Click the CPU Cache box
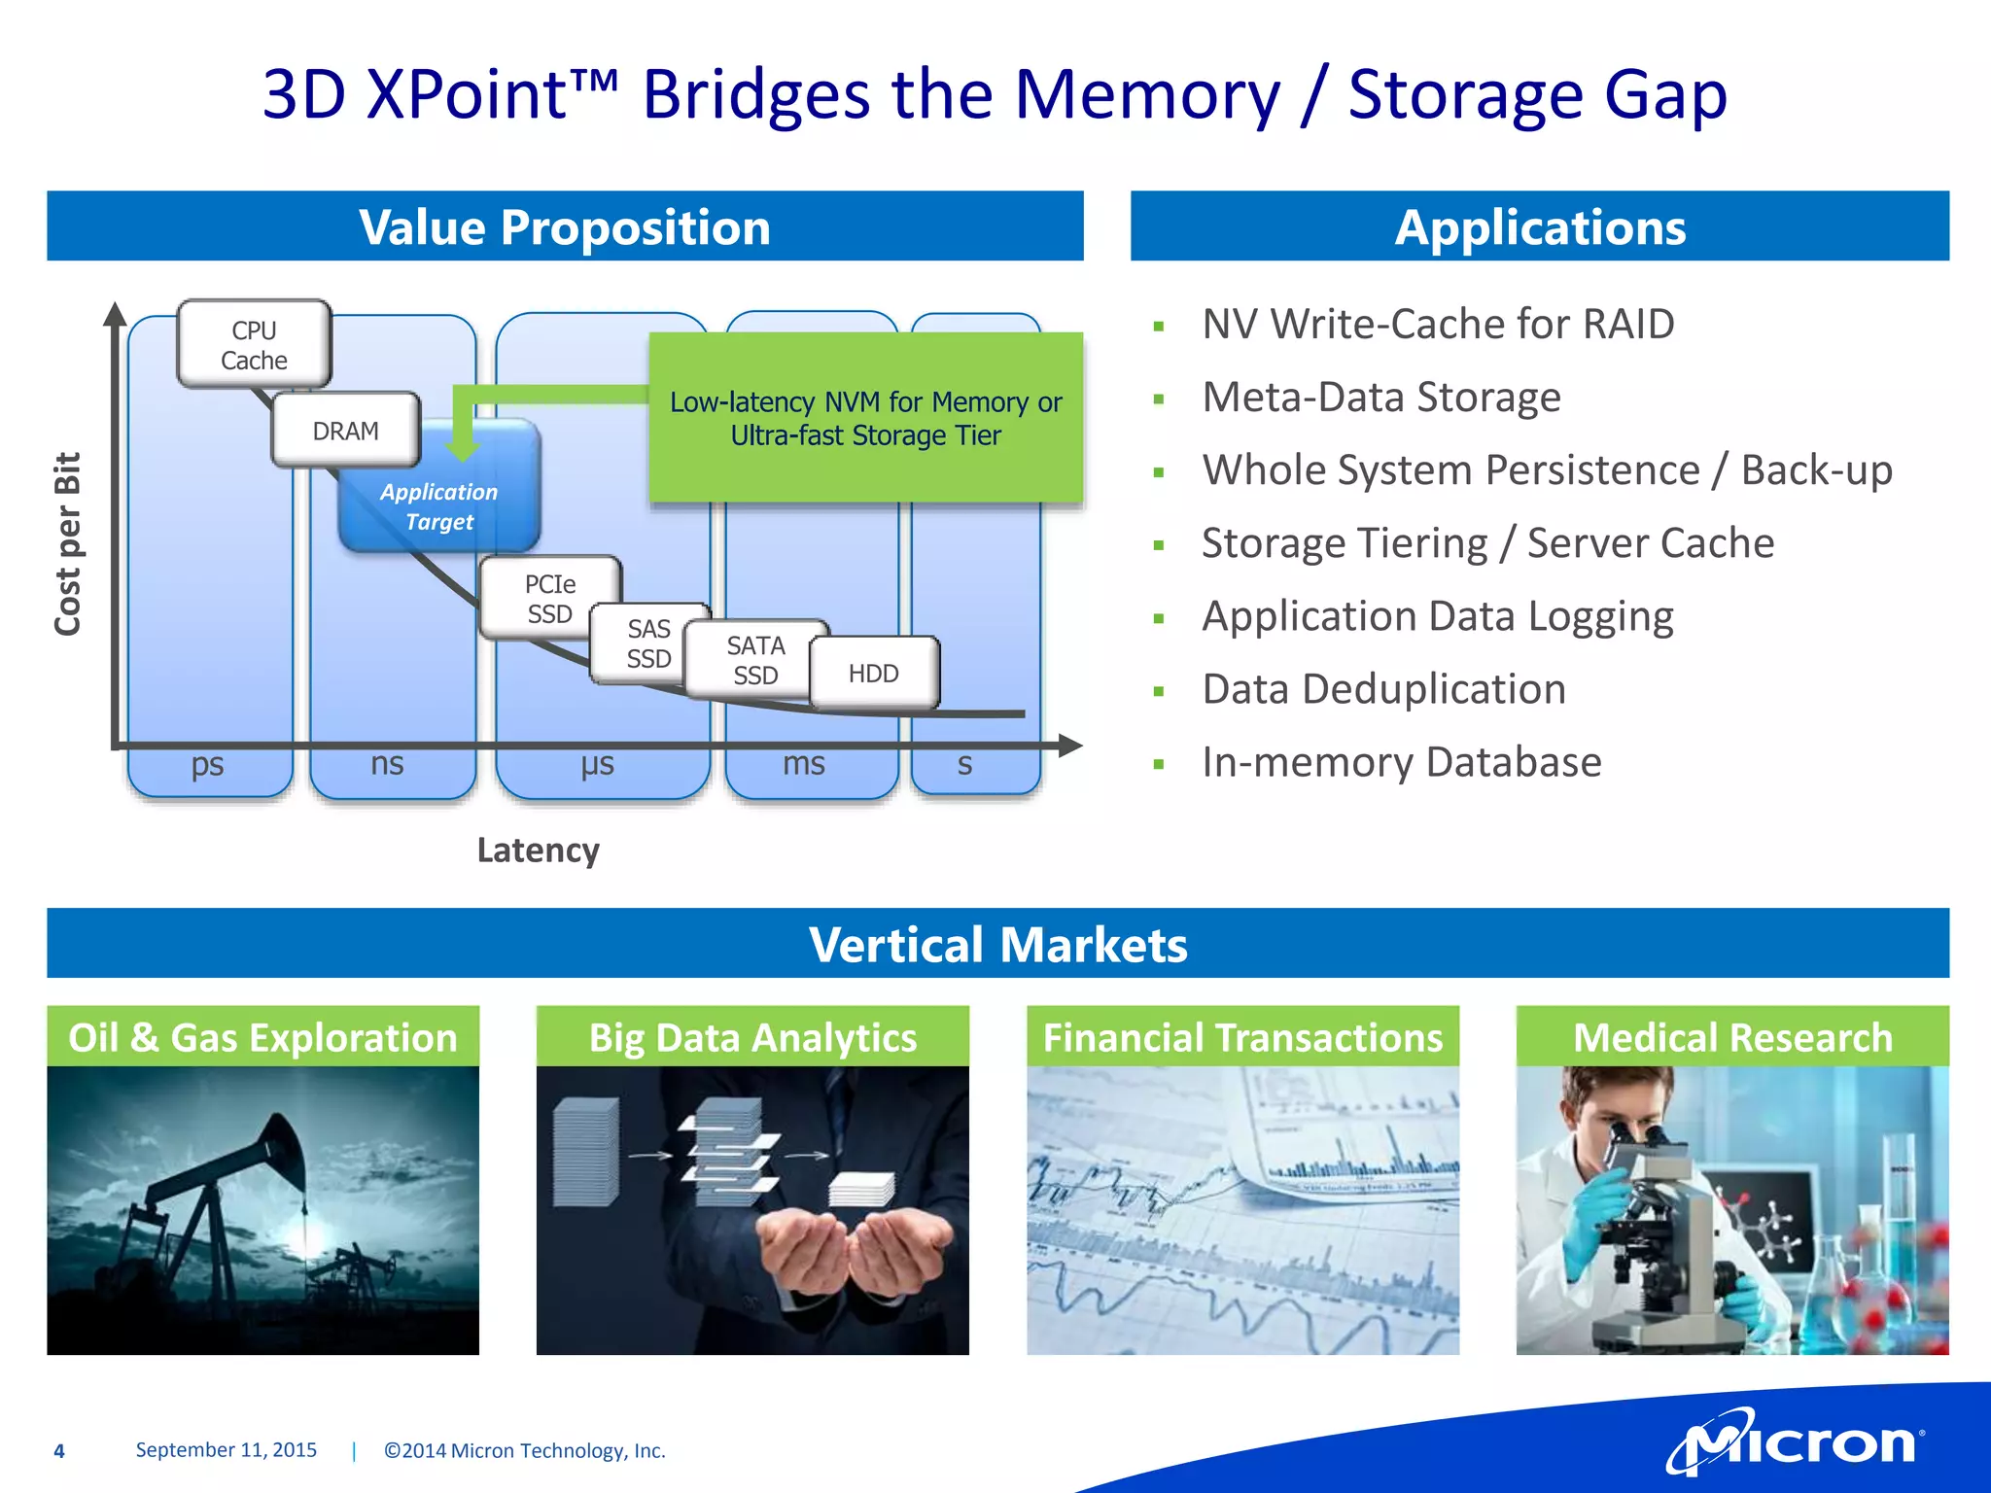pyautogui.click(x=254, y=345)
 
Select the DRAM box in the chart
pyautogui.click(x=345, y=431)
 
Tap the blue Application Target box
pyautogui.click(x=439, y=506)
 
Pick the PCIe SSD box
pyautogui.click(x=549, y=599)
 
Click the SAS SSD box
pyautogui.click(x=647, y=642)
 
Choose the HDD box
pyautogui.click(x=873, y=673)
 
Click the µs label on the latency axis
pyautogui.click(x=597, y=765)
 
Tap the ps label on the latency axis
pyautogui.click(x=207, y=765)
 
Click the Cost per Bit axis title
pyautogui.click(x=68, y=544)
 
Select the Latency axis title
pyautogui.click(x=538, y=851)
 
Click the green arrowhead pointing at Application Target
pyautogui.click(x=463, y=450)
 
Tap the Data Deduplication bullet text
pyautogui.click(x=1383, y=689)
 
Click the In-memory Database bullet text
pyautogui.click(x=1401, y=762)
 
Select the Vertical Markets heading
pyautogui.click(x=997, y=944)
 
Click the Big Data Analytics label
pyautogui.click(x=752, y=1037)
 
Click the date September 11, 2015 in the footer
pyautogui.click(x=226, y=1450)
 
